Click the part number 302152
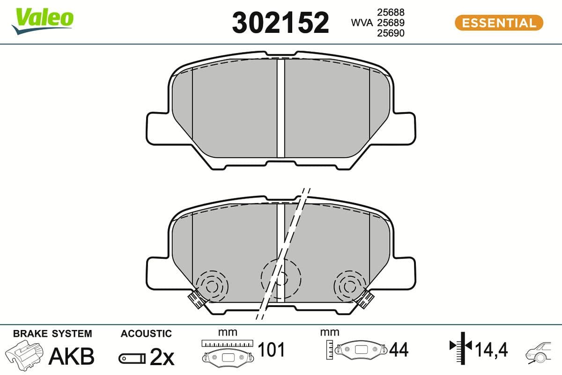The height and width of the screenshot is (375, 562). coord(281,22)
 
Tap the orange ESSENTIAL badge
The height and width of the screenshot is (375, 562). coord(498,22)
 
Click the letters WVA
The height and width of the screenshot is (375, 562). coord(362,22)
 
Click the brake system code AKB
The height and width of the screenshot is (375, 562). coord(72,356)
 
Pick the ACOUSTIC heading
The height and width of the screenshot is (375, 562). coord(146,334)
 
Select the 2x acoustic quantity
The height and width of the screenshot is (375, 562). coord(162,357)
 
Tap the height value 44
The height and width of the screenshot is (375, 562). coord(399,349)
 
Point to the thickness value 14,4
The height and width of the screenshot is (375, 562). coord(491,349)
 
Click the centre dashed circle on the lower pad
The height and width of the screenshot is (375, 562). coord(280,277)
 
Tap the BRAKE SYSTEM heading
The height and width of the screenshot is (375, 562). coord(52,334)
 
